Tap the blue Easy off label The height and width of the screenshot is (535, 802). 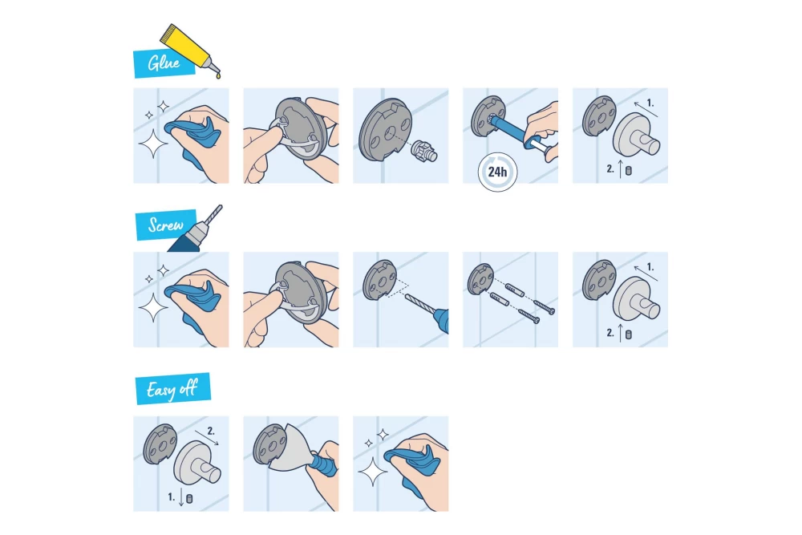(172, 390)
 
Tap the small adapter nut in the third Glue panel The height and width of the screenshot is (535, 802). (422, 151)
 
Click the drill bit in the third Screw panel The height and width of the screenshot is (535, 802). (421, 310)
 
